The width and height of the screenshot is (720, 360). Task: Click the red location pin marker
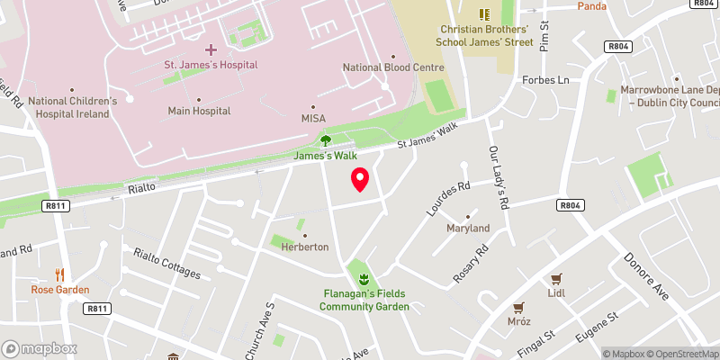pos(360,179)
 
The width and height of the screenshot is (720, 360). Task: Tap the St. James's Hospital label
pos(211,65)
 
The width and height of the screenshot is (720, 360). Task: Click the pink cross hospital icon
pos(211,49)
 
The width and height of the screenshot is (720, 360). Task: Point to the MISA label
pos(313,119)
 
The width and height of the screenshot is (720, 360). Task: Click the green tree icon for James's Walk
pos(326,139)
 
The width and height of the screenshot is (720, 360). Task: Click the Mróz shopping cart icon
pos(517,307)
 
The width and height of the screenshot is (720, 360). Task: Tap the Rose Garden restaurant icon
pos(60,274)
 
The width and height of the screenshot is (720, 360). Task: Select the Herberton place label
pos(303,247)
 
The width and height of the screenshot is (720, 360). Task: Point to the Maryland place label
pos(468,229)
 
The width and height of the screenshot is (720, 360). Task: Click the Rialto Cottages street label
pos(166,263)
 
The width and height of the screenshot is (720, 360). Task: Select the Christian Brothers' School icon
pos(484,14)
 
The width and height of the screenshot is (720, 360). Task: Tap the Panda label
pos(591,6)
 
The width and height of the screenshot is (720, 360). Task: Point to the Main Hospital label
pos(198,112)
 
